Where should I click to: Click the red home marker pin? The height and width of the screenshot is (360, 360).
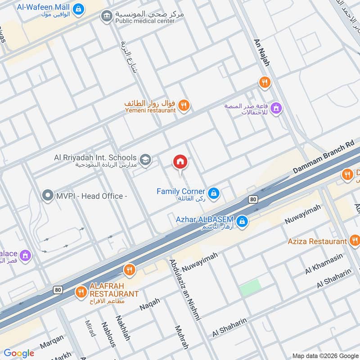(x=180, y=162)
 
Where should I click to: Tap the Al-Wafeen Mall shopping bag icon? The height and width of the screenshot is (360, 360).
(x=78, y=8)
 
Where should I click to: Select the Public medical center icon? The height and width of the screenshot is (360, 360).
(x=107, y=17)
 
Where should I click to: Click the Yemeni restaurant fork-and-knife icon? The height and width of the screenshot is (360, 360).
(x=183, y=106)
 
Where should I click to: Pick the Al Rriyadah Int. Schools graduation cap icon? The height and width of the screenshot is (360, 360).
(x=145, y=159)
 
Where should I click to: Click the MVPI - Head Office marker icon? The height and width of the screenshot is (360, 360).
(x=47, y=196)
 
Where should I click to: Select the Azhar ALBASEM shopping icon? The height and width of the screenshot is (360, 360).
(x=242, y=221)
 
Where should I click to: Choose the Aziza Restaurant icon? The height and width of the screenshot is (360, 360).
(x=354, y=241)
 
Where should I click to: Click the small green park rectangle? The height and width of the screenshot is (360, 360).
(x=250, y=288)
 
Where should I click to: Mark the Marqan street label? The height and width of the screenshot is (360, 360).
(x=51, y=344)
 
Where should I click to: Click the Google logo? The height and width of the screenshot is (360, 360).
(x=19, y=353)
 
